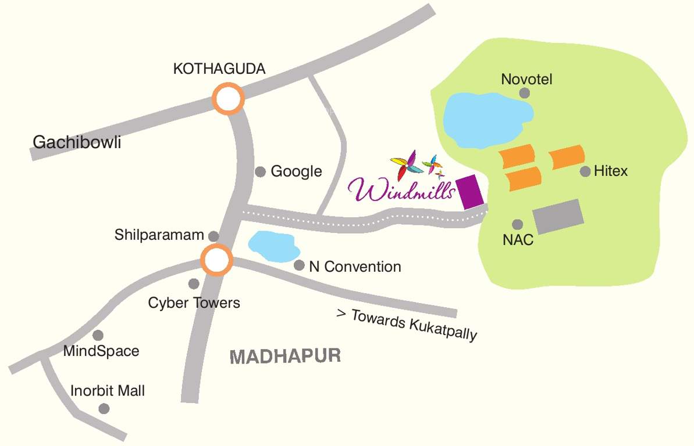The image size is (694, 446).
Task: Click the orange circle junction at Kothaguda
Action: (227, 99)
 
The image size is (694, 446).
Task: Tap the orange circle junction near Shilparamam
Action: (216, 260)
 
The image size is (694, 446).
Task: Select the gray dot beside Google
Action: (261, 171)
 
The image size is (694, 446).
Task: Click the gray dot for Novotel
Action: (525, 93)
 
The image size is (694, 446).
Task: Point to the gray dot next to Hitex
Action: (585, 171)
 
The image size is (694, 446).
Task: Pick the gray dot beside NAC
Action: (517, 224)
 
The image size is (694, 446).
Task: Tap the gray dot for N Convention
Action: (299, 265)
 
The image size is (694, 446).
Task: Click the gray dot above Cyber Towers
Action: (194, 283)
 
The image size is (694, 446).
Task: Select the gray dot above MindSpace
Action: (98, 335)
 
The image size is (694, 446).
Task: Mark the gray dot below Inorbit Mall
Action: (104, 409)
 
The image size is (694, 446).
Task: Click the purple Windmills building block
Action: (471, 192)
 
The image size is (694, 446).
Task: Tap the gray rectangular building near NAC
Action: (558, 217)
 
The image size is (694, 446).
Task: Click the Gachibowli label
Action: (77, 142)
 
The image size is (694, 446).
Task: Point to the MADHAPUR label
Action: (285, 356)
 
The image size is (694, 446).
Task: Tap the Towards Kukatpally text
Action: (407, 324)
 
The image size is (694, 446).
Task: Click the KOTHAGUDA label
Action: (219, 69)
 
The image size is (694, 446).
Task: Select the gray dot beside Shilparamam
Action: (213, 236)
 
